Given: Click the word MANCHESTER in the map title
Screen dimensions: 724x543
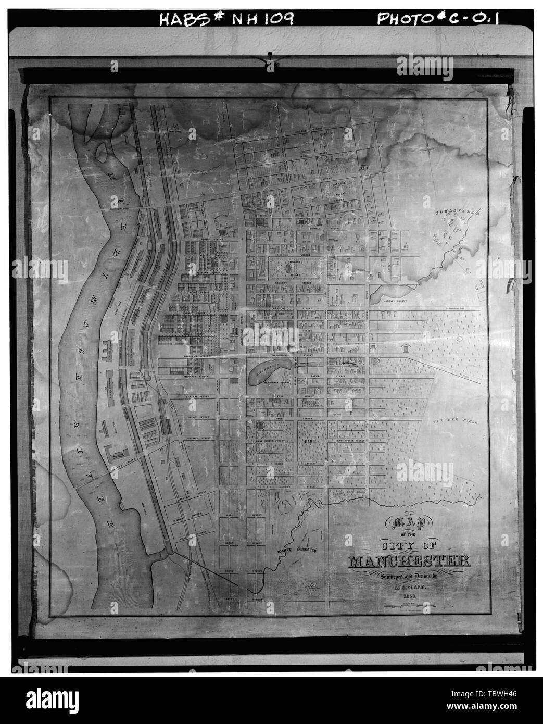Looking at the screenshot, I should (408, 561).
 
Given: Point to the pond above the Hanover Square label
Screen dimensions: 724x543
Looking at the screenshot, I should (390, 291).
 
